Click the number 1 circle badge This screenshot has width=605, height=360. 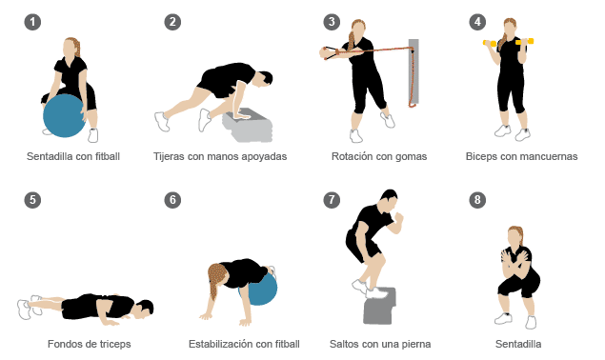pyautogui.click(x=32, y=22)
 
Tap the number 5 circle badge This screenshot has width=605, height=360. pyautogui.click(x=32, y=200)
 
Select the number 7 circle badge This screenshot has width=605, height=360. pyautogui.click(x=332, y=200)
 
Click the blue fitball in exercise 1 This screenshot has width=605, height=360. pyautogui.click(x=64, y=116)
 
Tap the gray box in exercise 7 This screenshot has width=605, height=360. pyautogui.click(x=379, y=307)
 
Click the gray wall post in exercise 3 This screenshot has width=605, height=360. pyautogui.click(x=413, y=71)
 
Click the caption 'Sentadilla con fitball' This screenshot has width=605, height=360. pyautogui.click(x=73, y=156)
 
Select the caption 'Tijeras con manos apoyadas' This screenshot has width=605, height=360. pyautogui.click(x=220, y=156)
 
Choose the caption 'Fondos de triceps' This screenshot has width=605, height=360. pyautogui.click(x=90, y=344)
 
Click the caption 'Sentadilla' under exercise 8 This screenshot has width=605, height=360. pyautogui.click(x=518, y=344)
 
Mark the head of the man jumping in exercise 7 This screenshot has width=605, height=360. pyautogui.click(x=390, y=200)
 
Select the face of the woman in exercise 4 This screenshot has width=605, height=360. pyautogui.click(x=510, y=29)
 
